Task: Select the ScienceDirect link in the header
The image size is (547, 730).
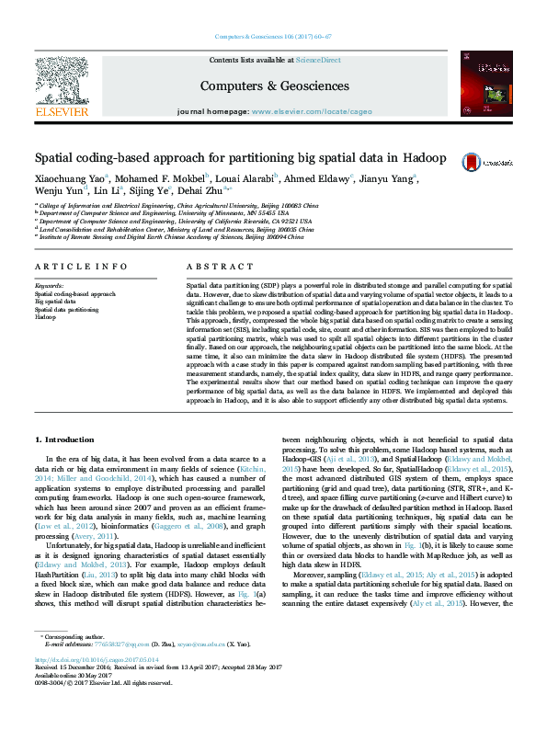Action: (317, 60)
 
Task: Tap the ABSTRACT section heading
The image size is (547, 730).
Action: (208, 266)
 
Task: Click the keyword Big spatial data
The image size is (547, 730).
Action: (55, 302)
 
